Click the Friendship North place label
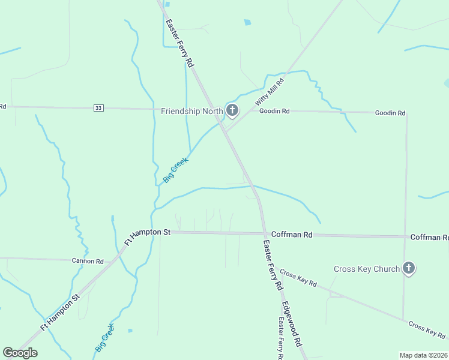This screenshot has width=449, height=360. point(191,111)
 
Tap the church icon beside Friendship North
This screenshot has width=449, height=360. point(232,110)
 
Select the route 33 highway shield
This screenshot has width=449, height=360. point(99,107)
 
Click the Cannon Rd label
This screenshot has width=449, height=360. point(88,261)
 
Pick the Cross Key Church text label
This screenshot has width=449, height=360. point(366,269)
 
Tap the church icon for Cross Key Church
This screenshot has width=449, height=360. point(409,268)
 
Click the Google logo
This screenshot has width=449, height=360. point(20,353)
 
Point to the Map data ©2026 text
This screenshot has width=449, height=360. point(423,355)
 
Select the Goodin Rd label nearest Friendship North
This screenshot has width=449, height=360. point(274,111)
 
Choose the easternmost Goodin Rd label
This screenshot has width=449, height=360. point(390,113)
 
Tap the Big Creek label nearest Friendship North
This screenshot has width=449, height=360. point(176,170)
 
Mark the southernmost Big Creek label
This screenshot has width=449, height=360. point(104,337)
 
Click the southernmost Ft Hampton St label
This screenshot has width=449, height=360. point(60,312)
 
